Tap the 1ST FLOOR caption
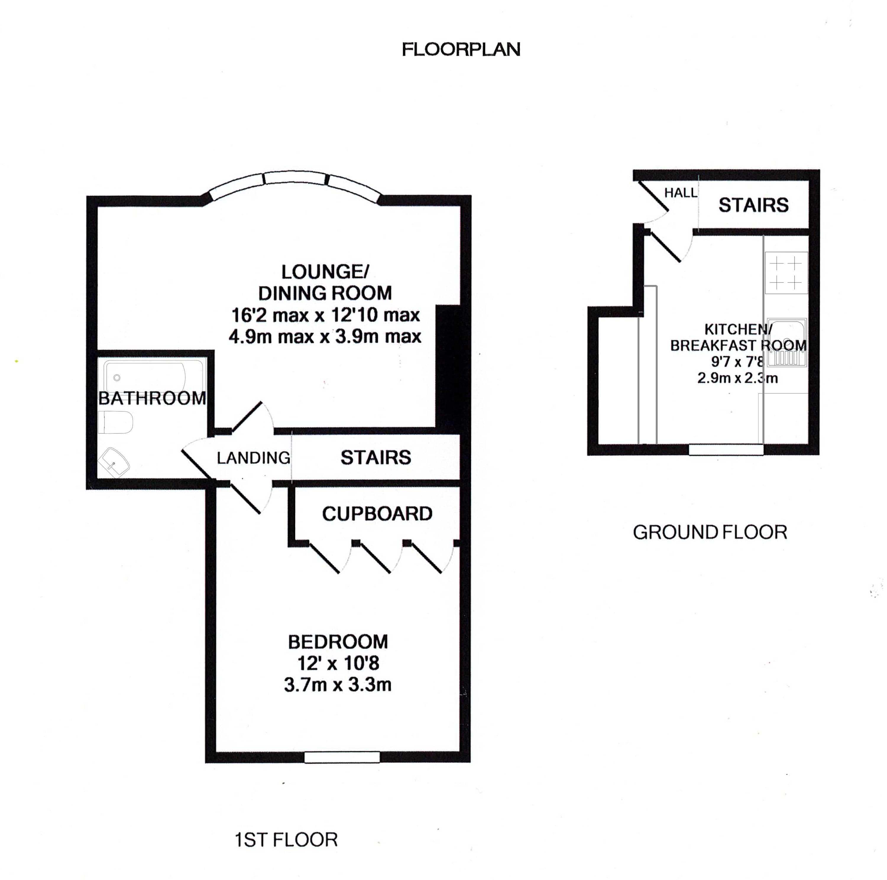click(286, 840)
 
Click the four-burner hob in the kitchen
click(786, 272)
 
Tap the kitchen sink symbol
click(786, 342)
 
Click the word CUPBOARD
click(377, 514)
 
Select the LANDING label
click(253, 458)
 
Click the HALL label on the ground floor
click(680, 193)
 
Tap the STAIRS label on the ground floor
click(753, 205)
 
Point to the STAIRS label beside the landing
click(375, 457)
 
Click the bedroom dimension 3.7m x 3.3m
click(337, 685)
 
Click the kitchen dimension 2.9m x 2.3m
click(737, 378)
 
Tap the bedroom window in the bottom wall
click(342, 757)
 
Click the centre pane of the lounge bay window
click(295, 178)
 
